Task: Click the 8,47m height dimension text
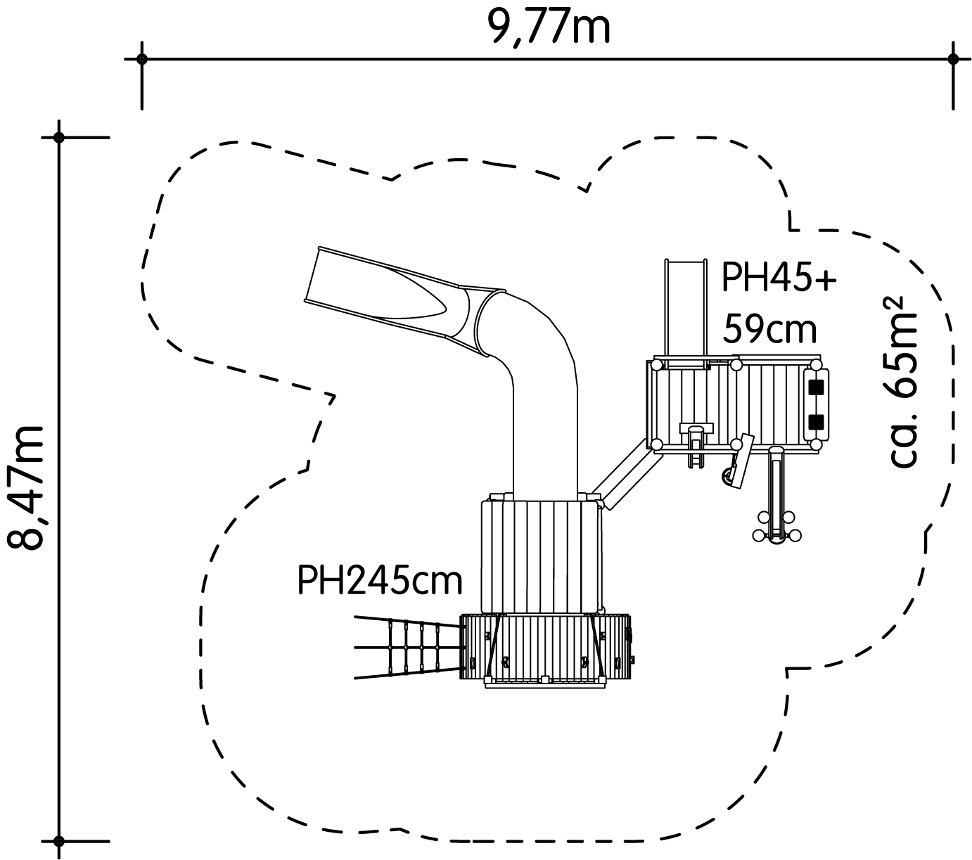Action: tap(27, 487)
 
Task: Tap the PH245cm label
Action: tap(380, 581)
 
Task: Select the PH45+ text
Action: tap(779, 277)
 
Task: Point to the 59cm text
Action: tap(769, 329)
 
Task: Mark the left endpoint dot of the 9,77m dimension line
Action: tap(141, 59)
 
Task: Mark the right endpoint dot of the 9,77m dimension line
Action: tap(953, 59)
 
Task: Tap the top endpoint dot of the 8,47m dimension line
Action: tap(58, 138)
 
